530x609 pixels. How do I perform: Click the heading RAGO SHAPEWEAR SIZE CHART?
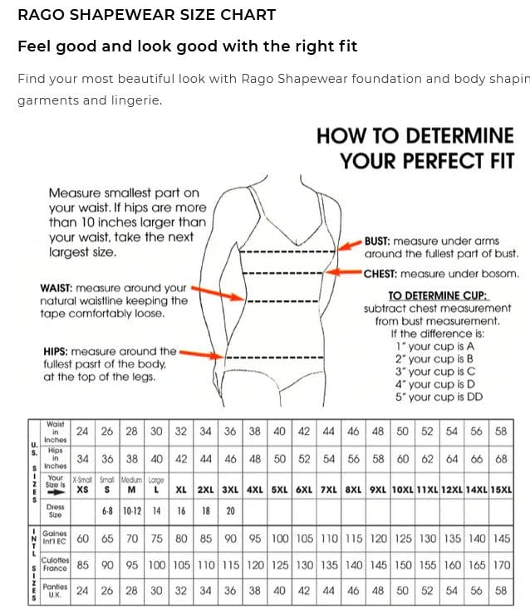[x=146, y=15]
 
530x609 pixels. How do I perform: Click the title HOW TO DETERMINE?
[x=415, y=135]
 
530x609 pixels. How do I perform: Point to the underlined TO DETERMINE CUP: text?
[x=438, y=295]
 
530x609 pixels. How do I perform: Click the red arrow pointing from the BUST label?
[x=342, y=243]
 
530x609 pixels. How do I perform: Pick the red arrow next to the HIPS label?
[x=202, y=353]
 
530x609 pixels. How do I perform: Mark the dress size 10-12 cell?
[x=131, y=512]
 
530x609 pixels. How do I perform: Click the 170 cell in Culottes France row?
[x=501, y=565]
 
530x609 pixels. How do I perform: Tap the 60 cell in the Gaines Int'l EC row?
[x=82, y=538]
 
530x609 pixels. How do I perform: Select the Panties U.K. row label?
[x=55, y=591]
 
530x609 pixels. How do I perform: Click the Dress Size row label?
[x=56, y=512]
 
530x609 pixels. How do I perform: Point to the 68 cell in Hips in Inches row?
[x=501, y=459]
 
